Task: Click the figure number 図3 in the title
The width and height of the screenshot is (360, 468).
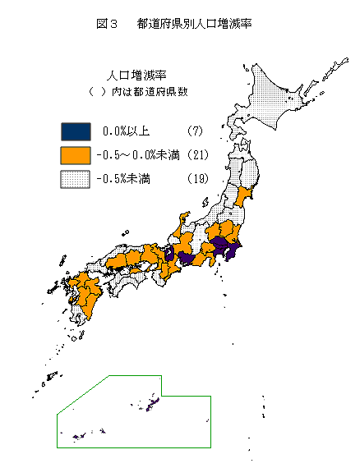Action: click(x=108, y=24)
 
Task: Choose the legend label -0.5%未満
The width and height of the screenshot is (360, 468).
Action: click(x=127, y=178)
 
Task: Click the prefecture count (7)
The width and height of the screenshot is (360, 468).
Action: click(x=194, y=131)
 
